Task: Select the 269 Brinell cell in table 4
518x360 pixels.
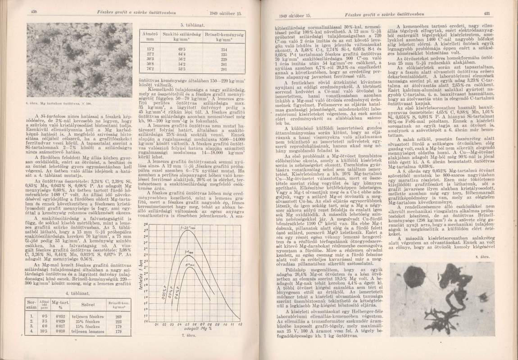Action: click(x=119, y=316)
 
